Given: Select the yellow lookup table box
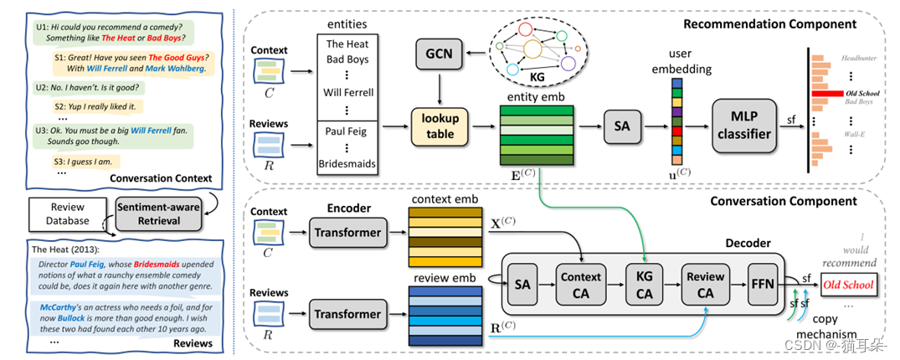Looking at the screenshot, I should click(440, 126).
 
